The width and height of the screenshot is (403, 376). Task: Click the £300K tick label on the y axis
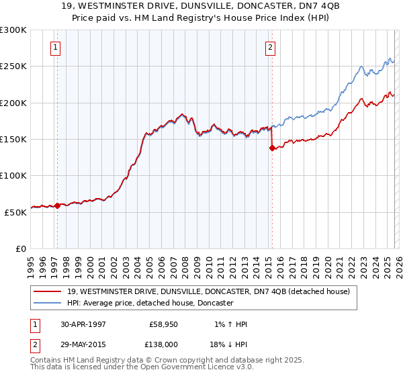coord(13,30)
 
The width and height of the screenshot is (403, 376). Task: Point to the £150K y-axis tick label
coord(13,140)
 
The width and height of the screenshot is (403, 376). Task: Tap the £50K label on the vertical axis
coord(15,212)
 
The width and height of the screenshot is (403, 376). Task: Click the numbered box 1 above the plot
coord(54,47)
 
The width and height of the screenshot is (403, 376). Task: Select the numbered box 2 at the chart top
coord(269,47)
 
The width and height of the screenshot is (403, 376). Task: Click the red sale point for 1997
coord(58,205)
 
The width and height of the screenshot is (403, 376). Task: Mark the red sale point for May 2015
coord(272,148)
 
